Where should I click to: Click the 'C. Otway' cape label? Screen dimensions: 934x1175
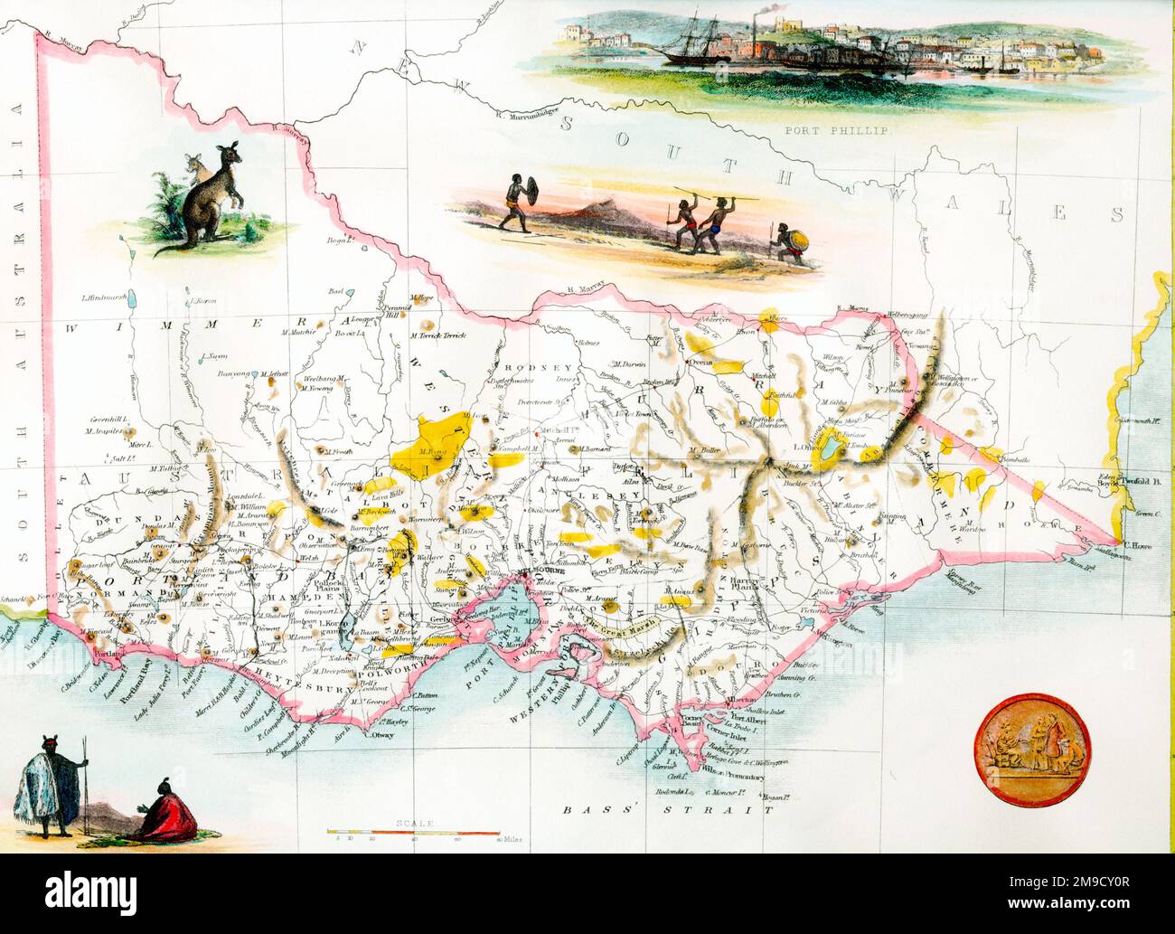click(378, 735)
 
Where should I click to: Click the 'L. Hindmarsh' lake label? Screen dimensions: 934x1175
click(102, 297)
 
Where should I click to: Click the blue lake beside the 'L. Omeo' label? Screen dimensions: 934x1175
click(829, 451)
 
